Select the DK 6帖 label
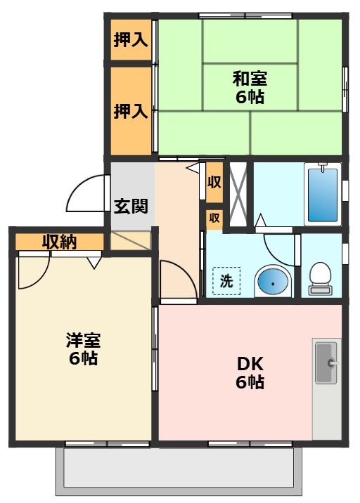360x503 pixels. point(250,373)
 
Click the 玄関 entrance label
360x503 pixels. point(131,206)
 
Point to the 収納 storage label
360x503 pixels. point(59,242)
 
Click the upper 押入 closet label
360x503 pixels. point(130,39)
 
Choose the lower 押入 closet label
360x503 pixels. point(130,110)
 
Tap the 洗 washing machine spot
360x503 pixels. point(226,282)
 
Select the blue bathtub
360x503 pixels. point(323,193)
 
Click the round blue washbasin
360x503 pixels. point(272,282)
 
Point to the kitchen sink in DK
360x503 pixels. point(326,362)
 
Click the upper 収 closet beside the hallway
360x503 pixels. point(214,182)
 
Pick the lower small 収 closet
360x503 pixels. point(214,218)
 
